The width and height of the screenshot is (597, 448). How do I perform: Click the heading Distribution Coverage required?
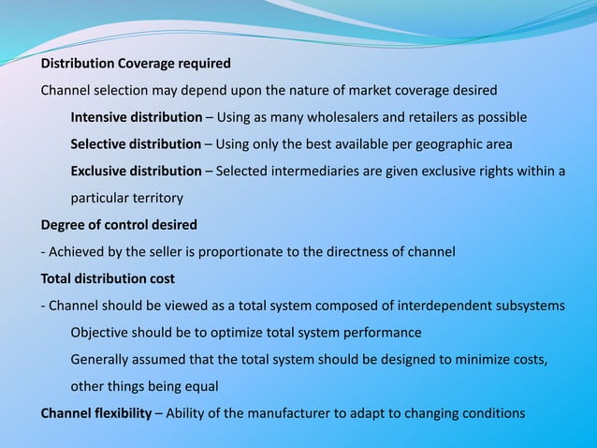[x=135, y=64]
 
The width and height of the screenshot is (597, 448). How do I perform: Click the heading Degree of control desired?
[x=118, y=225]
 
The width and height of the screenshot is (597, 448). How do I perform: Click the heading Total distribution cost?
[x=108, y=278]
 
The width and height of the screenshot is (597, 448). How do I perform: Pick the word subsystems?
[x=531, y=306]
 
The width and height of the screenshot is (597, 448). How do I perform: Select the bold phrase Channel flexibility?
[x=95, y=413]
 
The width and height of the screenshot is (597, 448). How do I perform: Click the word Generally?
[x=101, y=360]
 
